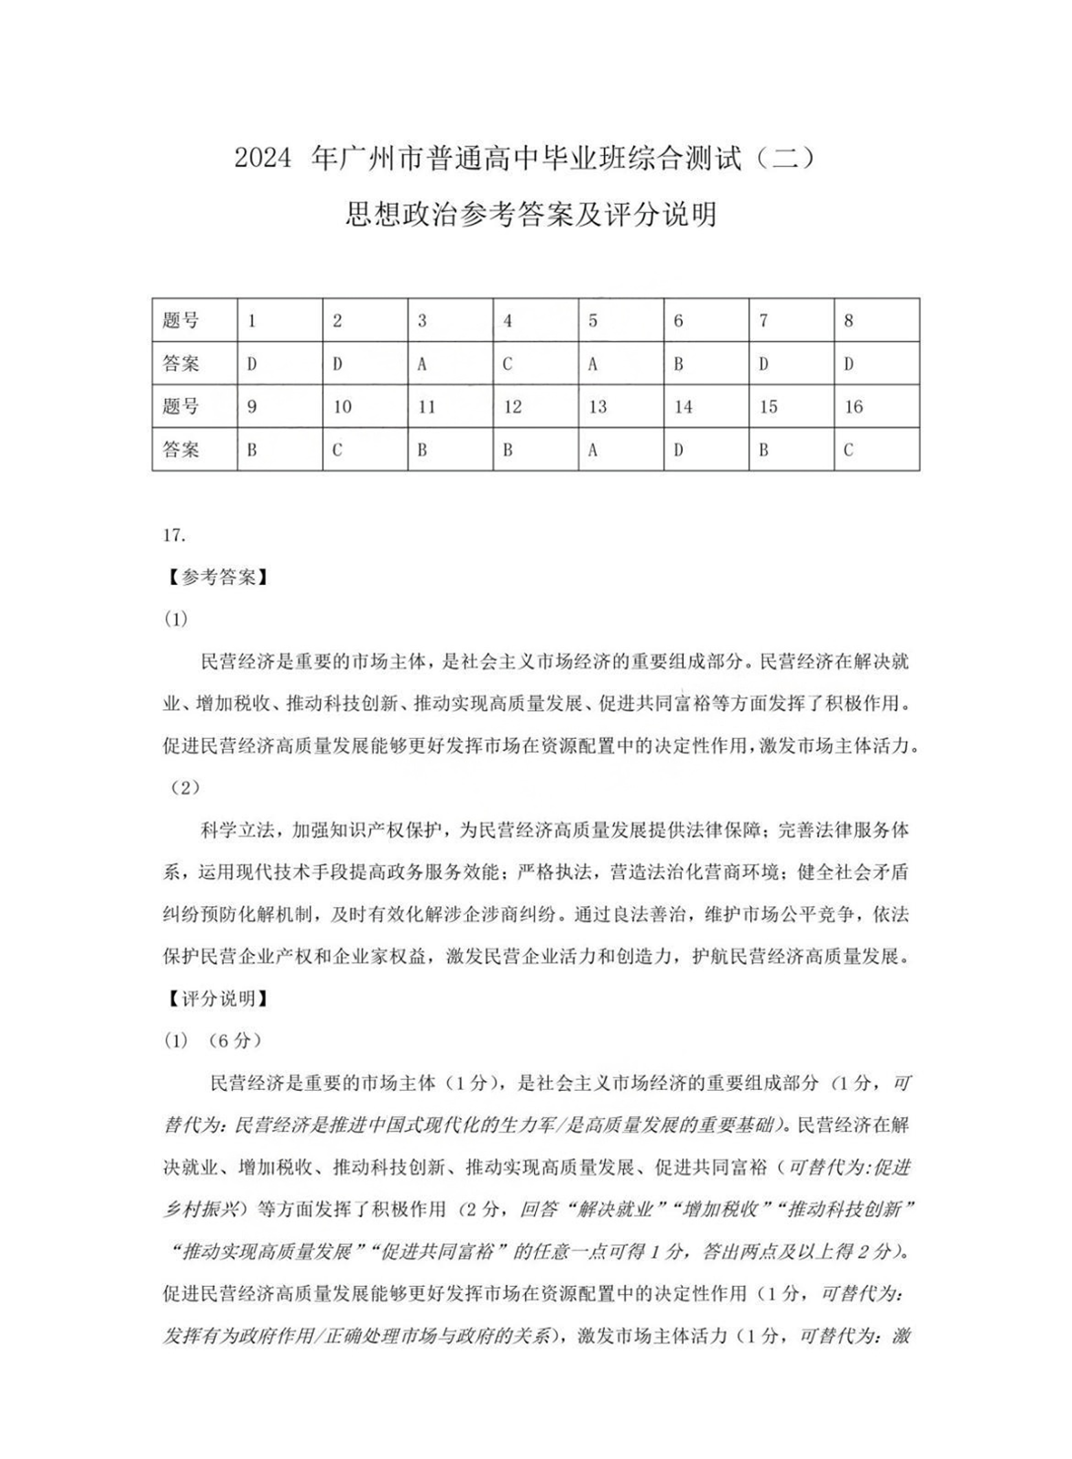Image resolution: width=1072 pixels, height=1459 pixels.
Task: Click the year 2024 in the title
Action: [263, 159]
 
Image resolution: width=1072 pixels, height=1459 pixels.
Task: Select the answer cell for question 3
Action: [450, 364]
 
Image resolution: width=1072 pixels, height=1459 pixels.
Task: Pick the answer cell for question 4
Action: [535, 364]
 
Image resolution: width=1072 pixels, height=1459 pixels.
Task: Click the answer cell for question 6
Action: [706, 364]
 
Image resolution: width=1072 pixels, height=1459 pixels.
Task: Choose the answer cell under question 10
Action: [365, 450]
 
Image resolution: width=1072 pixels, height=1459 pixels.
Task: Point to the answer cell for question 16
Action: [876, 450]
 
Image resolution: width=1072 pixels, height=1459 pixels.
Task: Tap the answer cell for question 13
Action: [621, 450]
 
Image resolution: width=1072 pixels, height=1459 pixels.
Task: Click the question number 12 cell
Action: [535, 407]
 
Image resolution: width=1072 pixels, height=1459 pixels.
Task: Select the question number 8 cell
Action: [876, 321]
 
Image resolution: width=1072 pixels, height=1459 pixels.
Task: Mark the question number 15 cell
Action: [791, 407]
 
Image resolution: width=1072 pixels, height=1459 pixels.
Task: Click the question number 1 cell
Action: [280, 321]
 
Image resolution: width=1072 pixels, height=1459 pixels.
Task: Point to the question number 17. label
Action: [174, 535]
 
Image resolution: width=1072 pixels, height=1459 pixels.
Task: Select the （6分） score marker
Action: [234, 1040]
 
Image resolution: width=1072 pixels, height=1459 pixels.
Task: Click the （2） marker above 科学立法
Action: [184, 788]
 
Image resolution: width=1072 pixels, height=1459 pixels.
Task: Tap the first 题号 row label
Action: [181, 321]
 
